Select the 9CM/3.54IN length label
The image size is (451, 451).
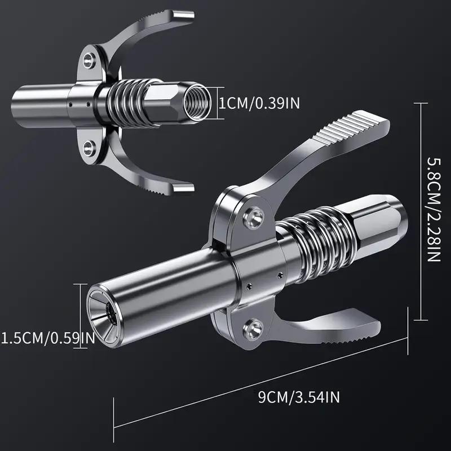[299, 398]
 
